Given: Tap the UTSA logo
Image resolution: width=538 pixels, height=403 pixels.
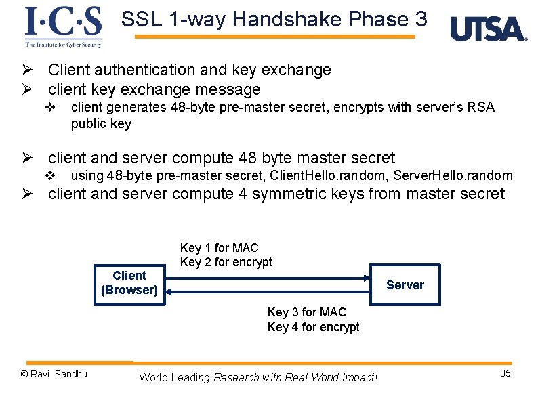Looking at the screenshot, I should point(488,29).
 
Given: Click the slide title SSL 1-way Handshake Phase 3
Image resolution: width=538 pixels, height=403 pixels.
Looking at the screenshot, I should point(274,19).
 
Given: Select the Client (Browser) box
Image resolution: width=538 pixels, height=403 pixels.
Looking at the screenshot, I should point(129,283).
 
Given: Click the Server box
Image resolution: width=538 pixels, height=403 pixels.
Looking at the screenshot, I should point(405,285).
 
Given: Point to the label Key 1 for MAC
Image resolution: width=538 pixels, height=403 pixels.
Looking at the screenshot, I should point(219,248).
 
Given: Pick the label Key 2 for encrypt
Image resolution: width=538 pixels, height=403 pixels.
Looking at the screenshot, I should point(226,262).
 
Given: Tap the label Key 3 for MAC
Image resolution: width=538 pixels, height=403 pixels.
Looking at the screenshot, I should point(307,312).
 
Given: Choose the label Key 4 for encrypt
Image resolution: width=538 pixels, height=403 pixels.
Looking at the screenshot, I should point(313,327).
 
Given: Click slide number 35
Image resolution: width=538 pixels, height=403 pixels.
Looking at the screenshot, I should point(505,374).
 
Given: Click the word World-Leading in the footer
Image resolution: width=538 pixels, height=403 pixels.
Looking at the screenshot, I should point(175,377).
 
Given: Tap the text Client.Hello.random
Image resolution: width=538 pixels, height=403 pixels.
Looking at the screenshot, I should point(314,176).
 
